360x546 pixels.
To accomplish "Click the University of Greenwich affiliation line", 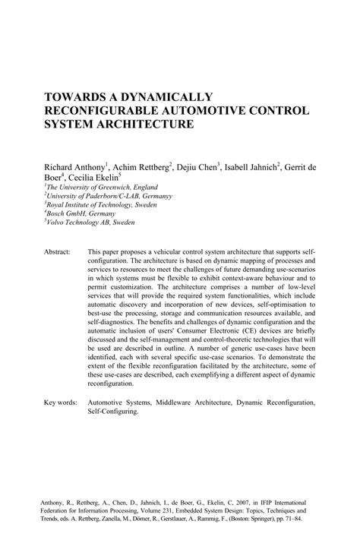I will pos(90,186).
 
